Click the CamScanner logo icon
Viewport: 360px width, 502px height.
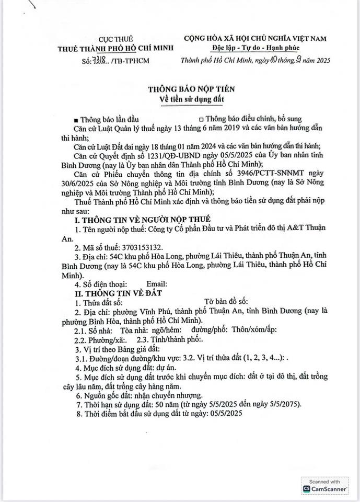coord(307,488)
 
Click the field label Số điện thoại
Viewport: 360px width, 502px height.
coord(103,284)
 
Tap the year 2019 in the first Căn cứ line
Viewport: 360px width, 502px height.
coord(230,128)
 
